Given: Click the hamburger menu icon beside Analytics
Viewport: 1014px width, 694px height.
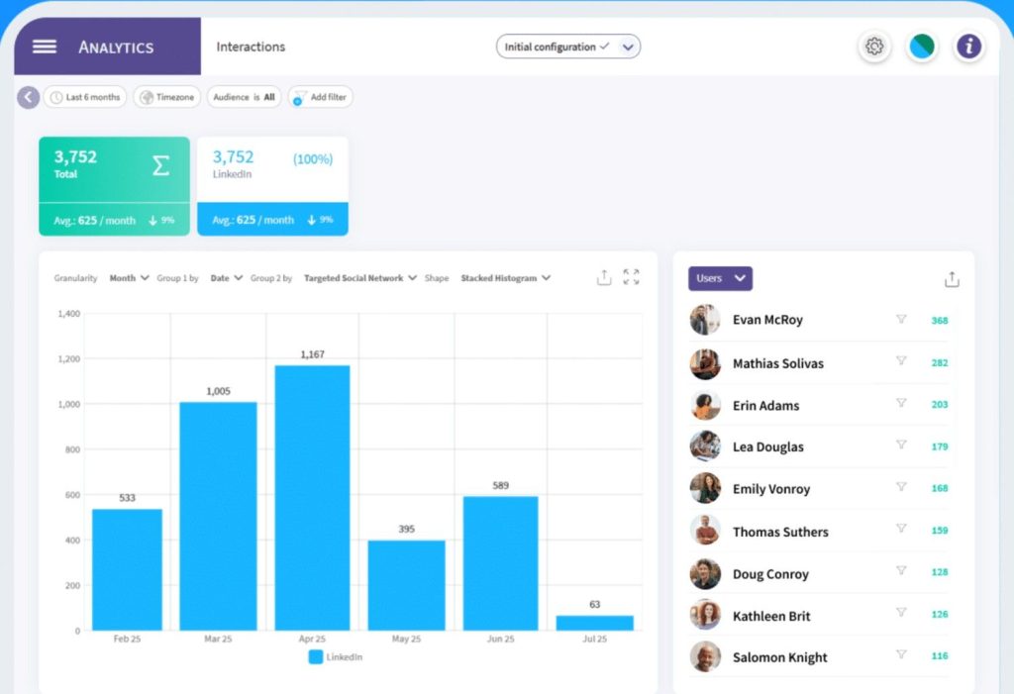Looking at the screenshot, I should pyautogui.click(x=44, y=47).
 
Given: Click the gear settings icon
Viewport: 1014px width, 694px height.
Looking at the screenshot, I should pyautogui.click(x=873, y=47).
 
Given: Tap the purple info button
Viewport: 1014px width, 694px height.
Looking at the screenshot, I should pyautogui.click(x=968, y=47).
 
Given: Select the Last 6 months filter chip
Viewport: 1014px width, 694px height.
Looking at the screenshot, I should pyautogui.click(x=85, y=97).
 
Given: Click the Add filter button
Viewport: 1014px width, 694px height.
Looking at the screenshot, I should pyautogui.click(x=321, y=97).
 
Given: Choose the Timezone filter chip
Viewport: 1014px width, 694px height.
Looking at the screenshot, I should pyautogui.click(x=167, y=97).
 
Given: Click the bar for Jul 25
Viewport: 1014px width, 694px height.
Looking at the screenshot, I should pyautogui.click(x=595, y=623).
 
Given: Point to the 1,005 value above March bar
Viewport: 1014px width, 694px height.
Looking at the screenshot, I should pyautogui.click(x=218, y=391).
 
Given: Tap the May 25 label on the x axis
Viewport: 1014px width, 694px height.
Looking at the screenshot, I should pyautogui.click(x=406, y=640).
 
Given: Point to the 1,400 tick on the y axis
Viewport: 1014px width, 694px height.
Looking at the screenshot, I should pyautogui.click(x=68, y=314).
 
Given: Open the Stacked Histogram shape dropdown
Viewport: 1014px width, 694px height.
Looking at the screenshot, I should pyautogui.click(x=505, y=278).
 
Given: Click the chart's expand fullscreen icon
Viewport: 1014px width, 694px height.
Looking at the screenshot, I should pyautogui.click(x=631, y=277).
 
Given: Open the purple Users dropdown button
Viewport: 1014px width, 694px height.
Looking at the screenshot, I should pyautogui.click(x=720, y=278).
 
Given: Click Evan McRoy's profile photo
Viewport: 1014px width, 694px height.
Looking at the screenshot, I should pyautogui.click(x=705, y=320).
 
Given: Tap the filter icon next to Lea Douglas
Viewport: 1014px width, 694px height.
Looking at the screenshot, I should pyautogui.click(x=901, y=446).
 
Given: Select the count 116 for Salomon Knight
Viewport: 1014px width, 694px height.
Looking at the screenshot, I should pyautogui.click(x=939, y=656).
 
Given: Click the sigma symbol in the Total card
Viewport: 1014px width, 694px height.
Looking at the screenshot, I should pyautogui.click(x=160, y=165).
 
